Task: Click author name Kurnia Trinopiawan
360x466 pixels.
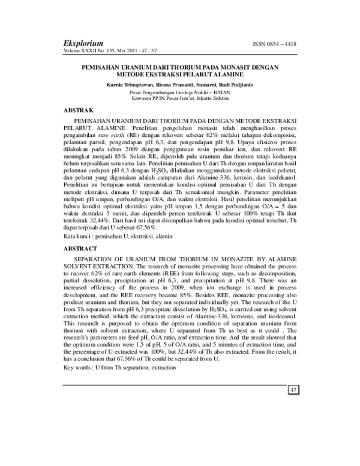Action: [x=127, y=86]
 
